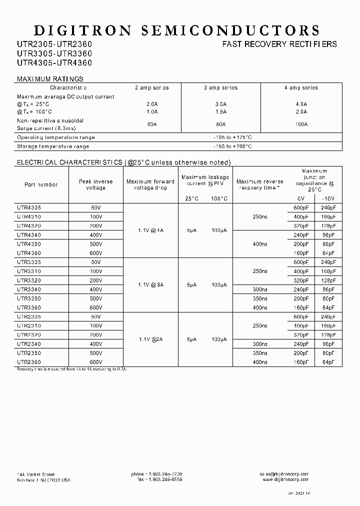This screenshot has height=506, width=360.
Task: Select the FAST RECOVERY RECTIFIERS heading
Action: coord(279,44)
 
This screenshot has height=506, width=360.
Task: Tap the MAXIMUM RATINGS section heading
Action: coord(50,79)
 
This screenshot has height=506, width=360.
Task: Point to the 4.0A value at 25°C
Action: coord(301,104)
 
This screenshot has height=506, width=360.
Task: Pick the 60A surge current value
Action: coord(152,124)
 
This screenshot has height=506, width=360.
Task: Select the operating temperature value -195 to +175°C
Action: coord(232,137)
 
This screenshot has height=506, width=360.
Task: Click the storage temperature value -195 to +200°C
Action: coord(232,146)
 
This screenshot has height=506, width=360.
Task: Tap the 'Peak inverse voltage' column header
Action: coord(95,184)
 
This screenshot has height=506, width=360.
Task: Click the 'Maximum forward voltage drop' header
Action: coord(150,184)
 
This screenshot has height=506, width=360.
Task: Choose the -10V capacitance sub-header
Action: coord(328,198)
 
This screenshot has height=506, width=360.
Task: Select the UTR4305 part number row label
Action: coord(29,208)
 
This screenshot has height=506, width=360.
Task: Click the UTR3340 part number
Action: coord(29,289)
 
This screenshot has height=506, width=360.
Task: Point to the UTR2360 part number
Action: coord(29,362)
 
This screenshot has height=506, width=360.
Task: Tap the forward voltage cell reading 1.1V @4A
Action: coord(150,230)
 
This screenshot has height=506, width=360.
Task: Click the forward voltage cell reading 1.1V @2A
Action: coord(150,339)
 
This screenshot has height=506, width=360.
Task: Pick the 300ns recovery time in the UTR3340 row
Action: coord(260,289)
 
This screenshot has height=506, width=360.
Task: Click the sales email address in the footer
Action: coord(285,474)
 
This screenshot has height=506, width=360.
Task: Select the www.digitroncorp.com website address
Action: coord(285,479)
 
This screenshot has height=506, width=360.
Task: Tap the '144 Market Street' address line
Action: coord(36,474)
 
